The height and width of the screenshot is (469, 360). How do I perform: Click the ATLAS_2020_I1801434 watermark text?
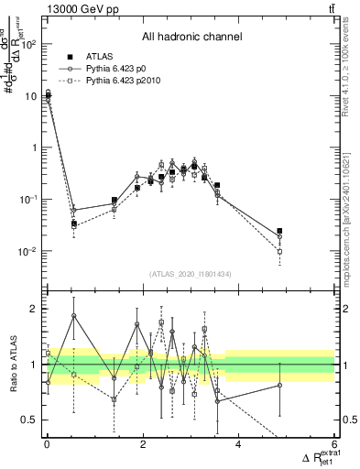(191, 274)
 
